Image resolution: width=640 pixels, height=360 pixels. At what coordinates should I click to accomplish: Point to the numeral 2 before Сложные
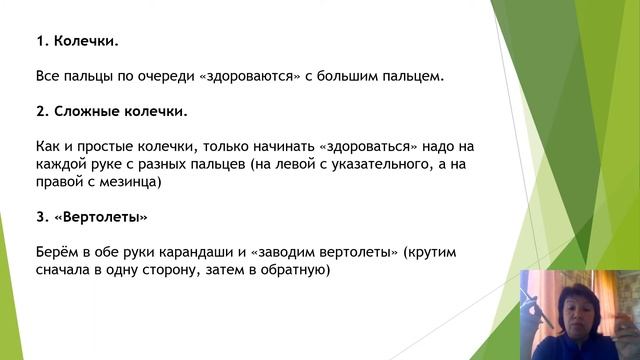coord(38,110)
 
